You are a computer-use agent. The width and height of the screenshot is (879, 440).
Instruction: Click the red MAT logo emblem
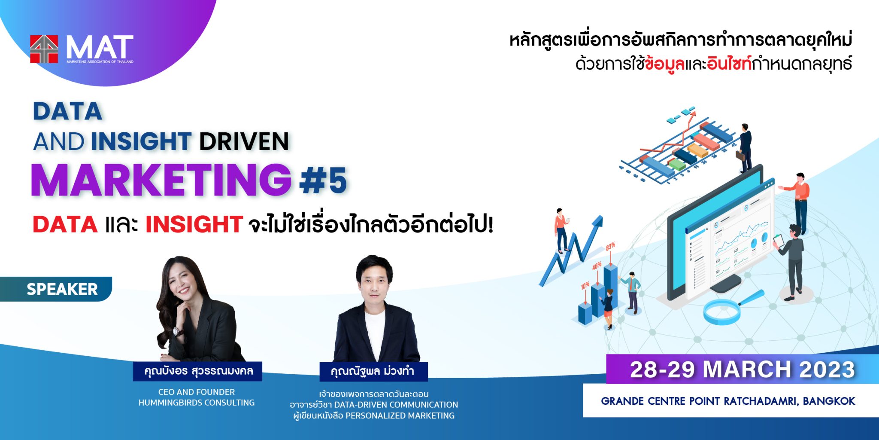(x=44, y=49)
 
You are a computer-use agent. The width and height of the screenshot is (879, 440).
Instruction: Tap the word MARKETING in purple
(x=161, y=180)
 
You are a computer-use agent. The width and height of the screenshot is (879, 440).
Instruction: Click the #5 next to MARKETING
(x=323, y=180)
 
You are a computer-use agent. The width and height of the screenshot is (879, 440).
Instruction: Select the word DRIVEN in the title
(x=244, y=141)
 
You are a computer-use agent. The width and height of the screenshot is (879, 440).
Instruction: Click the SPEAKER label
(x=62, y=289)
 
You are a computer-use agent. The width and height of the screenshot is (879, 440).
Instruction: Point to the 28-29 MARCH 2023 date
(x=742, y=370)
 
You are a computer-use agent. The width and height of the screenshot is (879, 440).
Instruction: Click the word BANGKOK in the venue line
(x=829, y=401)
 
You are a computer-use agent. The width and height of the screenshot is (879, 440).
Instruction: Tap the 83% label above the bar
(x=610, y=246)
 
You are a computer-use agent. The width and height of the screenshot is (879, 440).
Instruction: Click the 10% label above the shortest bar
(x=585, y=286)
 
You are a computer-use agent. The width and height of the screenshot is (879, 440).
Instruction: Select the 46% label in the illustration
(x=597, y=266)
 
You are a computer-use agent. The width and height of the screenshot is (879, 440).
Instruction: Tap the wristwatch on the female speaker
(x=176, y=331)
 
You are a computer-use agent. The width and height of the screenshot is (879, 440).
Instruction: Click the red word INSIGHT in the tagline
(x=194, y=224)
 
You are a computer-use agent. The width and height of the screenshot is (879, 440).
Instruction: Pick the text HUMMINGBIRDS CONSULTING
(x=197, y=403)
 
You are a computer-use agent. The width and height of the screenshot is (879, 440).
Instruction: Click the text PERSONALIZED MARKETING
(x=400, y=416)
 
